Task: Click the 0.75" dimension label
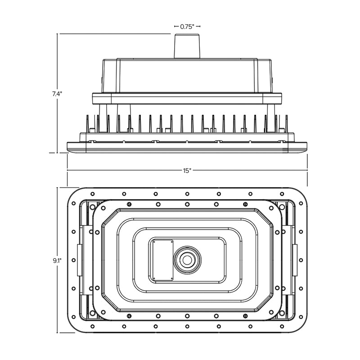coord(187,27)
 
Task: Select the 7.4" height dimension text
coord(57,94)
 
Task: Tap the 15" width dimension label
coord(187,171)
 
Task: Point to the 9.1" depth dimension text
coord(57,261)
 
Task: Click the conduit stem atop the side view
coord(187,46)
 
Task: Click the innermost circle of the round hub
coord(187,260)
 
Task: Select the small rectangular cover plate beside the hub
coord(163,260)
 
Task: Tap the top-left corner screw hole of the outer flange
coord(93,194)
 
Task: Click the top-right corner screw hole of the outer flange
coord(282,194)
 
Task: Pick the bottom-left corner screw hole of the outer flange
coord(93,326)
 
